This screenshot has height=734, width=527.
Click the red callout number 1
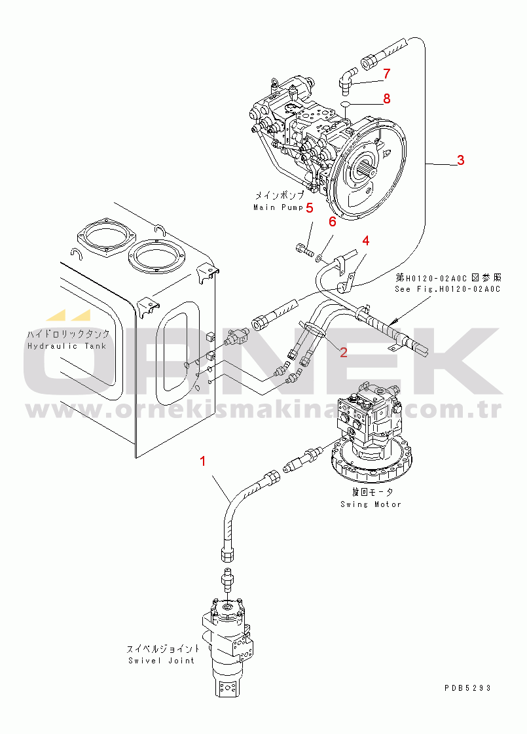(203, 461)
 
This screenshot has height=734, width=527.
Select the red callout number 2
(343, 353)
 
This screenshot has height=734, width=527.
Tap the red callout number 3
(460, 160)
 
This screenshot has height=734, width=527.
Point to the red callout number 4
(365, 241)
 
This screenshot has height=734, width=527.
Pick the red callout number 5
(310, 207)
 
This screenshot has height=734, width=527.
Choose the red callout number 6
(332, 222)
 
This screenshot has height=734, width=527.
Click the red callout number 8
(386, 99)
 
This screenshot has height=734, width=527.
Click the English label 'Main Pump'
(278, 207)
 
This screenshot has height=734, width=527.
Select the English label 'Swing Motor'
(371, 504)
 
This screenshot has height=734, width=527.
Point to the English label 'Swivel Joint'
(161, 661)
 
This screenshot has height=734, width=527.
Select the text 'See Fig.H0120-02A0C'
(447, 289)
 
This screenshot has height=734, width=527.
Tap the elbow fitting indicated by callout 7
(346, 79)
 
